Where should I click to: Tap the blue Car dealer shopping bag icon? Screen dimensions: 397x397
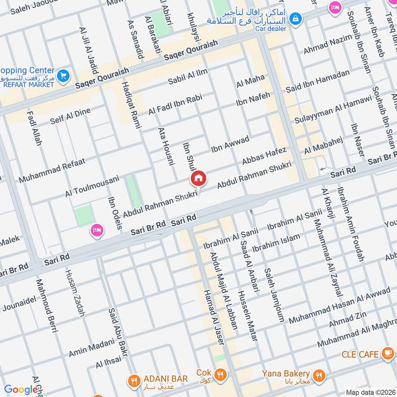(x=296, y=18)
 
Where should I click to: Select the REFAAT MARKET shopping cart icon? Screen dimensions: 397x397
(x=63, y=76)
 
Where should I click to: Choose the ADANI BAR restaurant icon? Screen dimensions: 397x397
(x=133, y=380)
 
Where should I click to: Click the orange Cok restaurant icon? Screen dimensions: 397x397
(x=221, y=373)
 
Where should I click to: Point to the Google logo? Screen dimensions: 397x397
(x=21, y=390)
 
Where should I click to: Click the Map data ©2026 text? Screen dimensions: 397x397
(x=370, y=393)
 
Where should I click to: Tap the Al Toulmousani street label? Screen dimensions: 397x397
(x=92, y=185)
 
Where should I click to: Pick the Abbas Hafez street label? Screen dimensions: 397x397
(x=265, y=156)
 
